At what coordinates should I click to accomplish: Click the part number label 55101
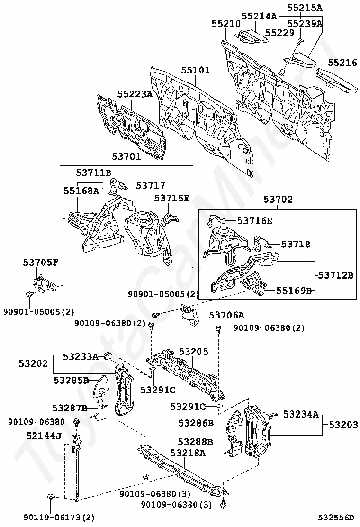(195, 71)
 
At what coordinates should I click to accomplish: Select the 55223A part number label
(135, 94)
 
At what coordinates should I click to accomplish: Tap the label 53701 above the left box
(126, 156)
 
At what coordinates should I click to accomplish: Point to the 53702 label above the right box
(278, 200)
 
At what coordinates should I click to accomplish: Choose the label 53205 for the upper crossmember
(193, 352)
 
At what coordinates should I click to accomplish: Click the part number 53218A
(188, 453)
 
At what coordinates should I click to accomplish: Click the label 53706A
(226, 315)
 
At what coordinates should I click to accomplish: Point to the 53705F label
(41, 262)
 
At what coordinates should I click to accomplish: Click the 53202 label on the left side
(34, 364)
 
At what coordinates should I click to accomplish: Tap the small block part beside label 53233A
(108, 356)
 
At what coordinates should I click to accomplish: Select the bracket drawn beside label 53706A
(189, 315)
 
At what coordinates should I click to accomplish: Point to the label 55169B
(294, 290)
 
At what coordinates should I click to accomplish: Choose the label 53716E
(255, 220)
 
